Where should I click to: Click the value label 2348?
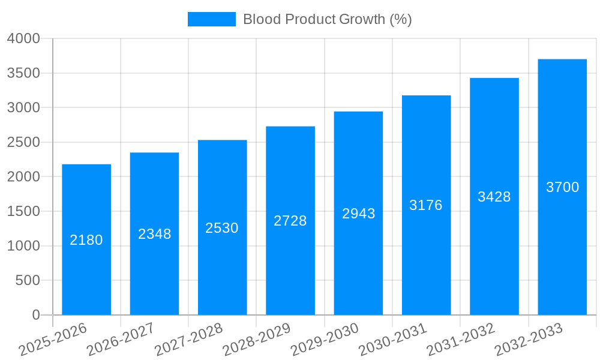click(155, 234)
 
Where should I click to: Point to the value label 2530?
click(222, 228)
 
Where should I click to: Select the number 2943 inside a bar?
click(359, 214)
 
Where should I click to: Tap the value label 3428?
click(494, 197)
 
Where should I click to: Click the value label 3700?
click(562, 187)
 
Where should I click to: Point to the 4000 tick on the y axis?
click(23, 38)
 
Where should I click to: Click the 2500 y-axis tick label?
click(23, 142)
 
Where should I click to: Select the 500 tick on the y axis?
click(28, 280)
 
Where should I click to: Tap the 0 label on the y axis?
click(35, 315)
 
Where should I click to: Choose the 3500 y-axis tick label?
click(23, 73)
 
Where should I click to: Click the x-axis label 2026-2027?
click(121, 340)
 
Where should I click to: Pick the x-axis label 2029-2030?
click(325, 340)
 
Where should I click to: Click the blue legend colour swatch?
click(211, 19)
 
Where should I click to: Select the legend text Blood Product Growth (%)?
click(327, 19)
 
